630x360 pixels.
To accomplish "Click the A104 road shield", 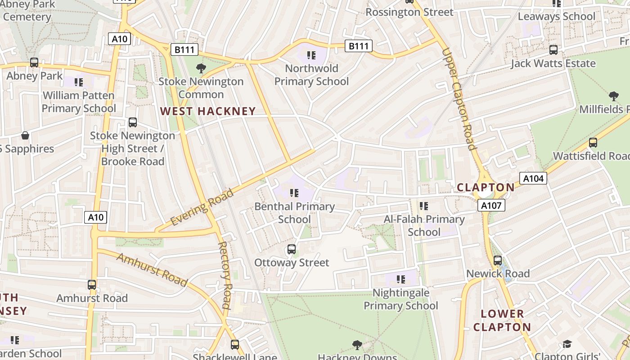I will [x=533, y=179].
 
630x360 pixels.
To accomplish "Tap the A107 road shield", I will [x=491, y=206].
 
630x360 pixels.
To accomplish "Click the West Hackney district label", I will [x=208, y=111].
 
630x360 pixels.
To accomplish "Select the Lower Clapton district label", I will [x=502, y=320].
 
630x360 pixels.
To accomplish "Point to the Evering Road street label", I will [x=202, y=207].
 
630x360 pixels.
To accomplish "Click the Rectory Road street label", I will [x=225, y=275].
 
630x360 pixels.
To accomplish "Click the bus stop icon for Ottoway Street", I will [x=292, y=249].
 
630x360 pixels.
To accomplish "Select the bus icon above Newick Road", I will [x=498, y=261].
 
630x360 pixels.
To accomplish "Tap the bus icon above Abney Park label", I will [x=34, y=63].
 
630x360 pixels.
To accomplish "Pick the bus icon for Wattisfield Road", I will [x=593, y=143].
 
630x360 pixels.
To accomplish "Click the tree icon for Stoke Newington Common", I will [x=201, y=68].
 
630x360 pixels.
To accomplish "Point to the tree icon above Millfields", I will [x=613, y=96].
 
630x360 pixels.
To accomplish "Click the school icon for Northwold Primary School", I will [x=311, y=55].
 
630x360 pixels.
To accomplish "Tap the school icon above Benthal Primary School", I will [x=294, y=193].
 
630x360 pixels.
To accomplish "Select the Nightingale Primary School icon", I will [x=401, y=279].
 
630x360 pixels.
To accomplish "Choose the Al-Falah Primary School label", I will [x=424, y=225].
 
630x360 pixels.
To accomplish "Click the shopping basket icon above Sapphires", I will [x=25, y=135].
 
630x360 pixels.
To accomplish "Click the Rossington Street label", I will [x=409, y=12].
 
